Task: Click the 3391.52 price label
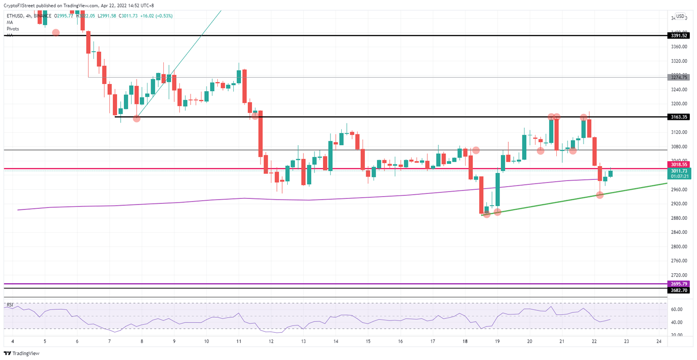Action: [x=678, y=35]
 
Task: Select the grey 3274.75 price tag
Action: [x=678, y=77]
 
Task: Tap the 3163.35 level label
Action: [x=678, y=117]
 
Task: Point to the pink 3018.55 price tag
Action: [x=678, y=164]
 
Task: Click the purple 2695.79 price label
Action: [x=678, y=284]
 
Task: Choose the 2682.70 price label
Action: [x=678, y=290]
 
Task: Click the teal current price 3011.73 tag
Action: [x=678, y=171]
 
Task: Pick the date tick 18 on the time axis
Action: [x=465, y=341]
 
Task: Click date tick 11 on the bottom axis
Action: [x=239, y=341]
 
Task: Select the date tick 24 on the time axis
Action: [x=659, y=341]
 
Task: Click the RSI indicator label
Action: [x=10, y=305]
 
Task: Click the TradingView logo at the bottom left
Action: [x=21, y=353]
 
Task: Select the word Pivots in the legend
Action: [x=13, y=29]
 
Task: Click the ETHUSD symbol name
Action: [x=15, y=16]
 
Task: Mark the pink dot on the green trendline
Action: [x=600, y=195]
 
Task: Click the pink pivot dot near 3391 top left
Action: [x=56, y=32]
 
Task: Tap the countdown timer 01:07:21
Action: [x=679, y=176]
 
